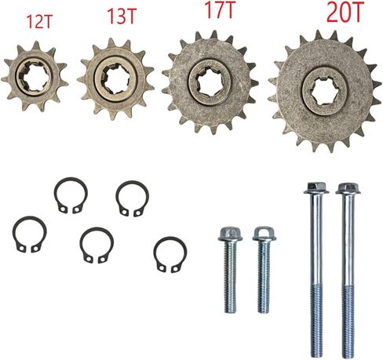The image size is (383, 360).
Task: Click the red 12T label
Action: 39,22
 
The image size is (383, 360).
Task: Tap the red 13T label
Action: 122,16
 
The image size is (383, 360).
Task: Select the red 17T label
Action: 220,9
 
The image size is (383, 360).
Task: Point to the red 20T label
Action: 345,12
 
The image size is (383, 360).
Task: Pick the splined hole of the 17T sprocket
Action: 210,82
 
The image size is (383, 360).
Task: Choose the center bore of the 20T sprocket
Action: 324,89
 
